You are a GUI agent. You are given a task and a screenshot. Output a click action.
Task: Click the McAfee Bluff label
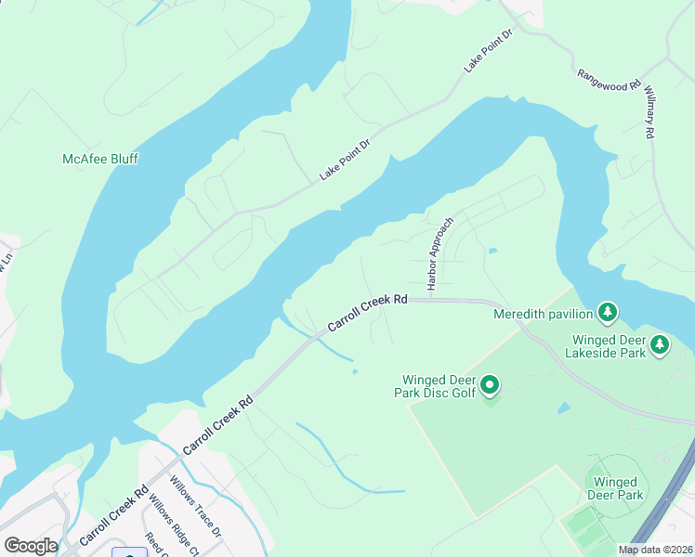(x=99, y=159)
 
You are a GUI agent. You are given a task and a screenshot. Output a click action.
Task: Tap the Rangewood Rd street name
(x=609, y=80)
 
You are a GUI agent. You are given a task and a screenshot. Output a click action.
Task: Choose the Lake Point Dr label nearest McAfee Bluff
(x=345, y=161)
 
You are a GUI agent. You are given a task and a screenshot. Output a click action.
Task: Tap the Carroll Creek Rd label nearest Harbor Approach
(x=368, y=316)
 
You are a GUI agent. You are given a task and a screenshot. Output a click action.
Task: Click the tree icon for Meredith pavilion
(x=607, y=312)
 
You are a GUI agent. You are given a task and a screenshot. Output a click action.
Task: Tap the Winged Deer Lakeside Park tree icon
(x=660, y=344)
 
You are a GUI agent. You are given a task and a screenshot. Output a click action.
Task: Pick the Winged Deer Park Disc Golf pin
(x=490, y=384)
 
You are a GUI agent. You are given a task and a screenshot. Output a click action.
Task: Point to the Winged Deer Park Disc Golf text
(x=439, y=386)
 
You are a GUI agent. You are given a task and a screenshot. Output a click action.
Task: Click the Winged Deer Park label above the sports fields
(x=615, y=488)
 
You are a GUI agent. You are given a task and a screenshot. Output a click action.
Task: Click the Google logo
(x=31, y=546)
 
